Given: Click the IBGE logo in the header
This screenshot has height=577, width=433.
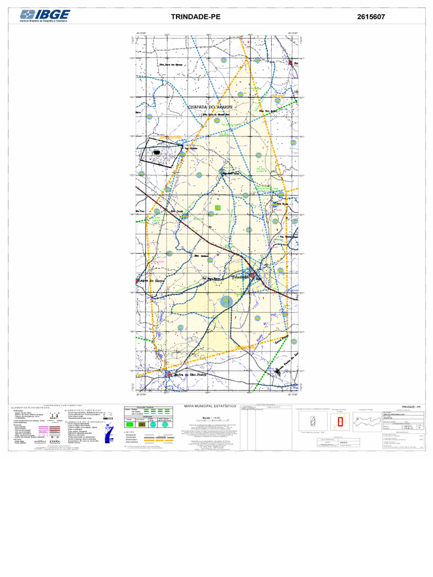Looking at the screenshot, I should pyautogui.click(x=45, y=16).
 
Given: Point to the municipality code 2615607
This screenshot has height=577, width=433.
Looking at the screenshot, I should pyautogui.click(x=371, y=17).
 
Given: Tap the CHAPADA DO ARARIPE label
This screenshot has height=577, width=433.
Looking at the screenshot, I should pyautogui.click(x=214, y=106).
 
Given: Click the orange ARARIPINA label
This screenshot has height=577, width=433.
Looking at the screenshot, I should pyautogui.click(x=170, y=136).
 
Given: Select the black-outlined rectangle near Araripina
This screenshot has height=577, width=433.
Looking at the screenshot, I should pyautogui.click(x=161, y=153).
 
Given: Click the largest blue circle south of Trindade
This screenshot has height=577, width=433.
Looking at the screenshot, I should pyautogui.click(x=227, y=302).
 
